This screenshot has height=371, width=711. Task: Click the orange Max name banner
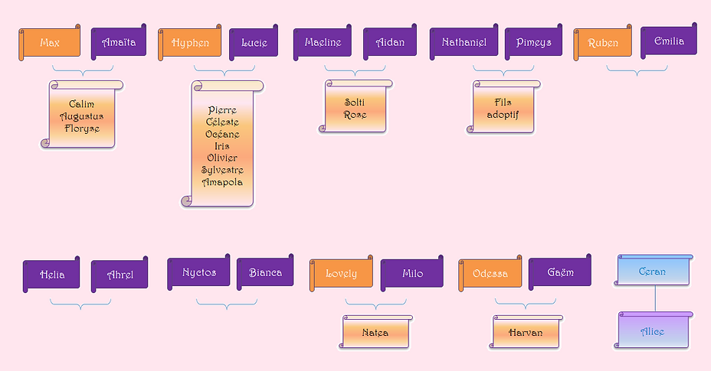point(50,43)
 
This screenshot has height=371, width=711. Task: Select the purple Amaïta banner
point(119,43)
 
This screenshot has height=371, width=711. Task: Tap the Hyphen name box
point(190,43)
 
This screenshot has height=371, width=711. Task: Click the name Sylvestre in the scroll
point(222,170)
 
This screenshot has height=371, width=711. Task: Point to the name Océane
point(222,134)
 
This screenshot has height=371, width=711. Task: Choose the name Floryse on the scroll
point(82,129)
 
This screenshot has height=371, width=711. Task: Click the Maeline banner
point(323,42)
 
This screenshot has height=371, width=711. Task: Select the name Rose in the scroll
point(355,115)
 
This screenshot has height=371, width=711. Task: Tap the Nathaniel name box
point(464,42)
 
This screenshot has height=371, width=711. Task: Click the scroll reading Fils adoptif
point(503,109)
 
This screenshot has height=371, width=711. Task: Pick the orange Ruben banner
point(603,43)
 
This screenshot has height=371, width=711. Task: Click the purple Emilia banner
point(669,41)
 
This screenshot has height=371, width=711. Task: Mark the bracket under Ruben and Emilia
point(637,70)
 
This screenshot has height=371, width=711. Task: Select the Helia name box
point(52,275)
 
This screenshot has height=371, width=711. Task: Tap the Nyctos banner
point(199,272)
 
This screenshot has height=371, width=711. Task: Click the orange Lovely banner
point(341,274)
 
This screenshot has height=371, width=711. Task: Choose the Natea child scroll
point(375,333)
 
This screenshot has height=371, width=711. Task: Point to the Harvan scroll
point(526,333)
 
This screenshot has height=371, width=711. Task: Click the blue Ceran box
point(654,272)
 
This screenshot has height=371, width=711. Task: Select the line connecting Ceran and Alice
point(654,299)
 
